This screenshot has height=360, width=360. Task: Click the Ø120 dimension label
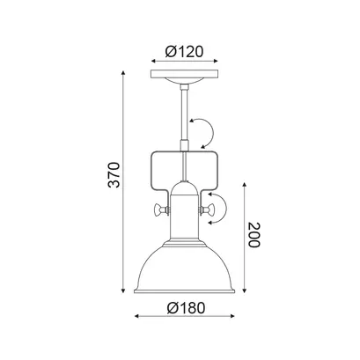[x=184, y=52]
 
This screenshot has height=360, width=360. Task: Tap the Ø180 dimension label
[x=186, y=308]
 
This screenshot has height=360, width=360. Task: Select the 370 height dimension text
[x=114, y=174]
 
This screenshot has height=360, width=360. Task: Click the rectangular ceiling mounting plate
[x=184, y=74]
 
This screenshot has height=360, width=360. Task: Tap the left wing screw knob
[x=161, y=210]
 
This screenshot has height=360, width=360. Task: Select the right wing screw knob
[x=207, y=210]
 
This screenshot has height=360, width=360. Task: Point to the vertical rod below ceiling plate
[x=185, y=116]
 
